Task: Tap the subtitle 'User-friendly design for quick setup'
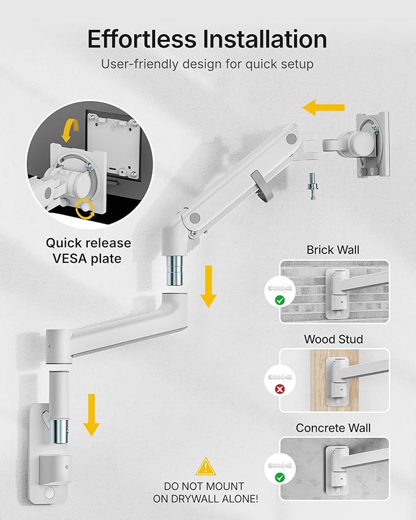(208, 64)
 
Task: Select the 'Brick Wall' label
(333, 250)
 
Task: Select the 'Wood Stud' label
(333, 339)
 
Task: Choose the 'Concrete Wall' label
(333, 428)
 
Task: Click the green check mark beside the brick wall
(279, 300)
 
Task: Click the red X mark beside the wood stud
(279, 388)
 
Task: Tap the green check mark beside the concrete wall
(279, 477)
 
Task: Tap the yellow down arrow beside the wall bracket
(91, 415)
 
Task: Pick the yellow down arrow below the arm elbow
(208, 287)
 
